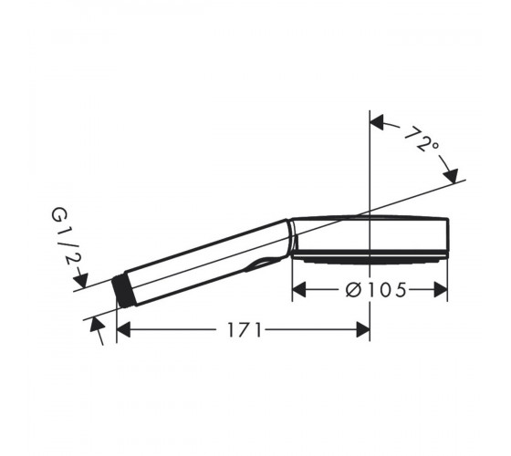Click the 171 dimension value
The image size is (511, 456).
coord(245,329)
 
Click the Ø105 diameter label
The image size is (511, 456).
coord(376,290)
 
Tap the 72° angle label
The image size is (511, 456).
coord(422,140)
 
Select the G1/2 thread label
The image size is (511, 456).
coord(66,235)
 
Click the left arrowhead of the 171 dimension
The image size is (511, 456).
coord(123,329)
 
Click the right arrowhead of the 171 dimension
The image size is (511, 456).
coord(363,329)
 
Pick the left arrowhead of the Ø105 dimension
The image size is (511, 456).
coord(299,290)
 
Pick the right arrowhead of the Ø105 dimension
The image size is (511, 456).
coord(441,290)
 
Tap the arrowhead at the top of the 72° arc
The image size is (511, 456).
coord(377,122)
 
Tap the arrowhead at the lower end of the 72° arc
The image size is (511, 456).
coord(451,176)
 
